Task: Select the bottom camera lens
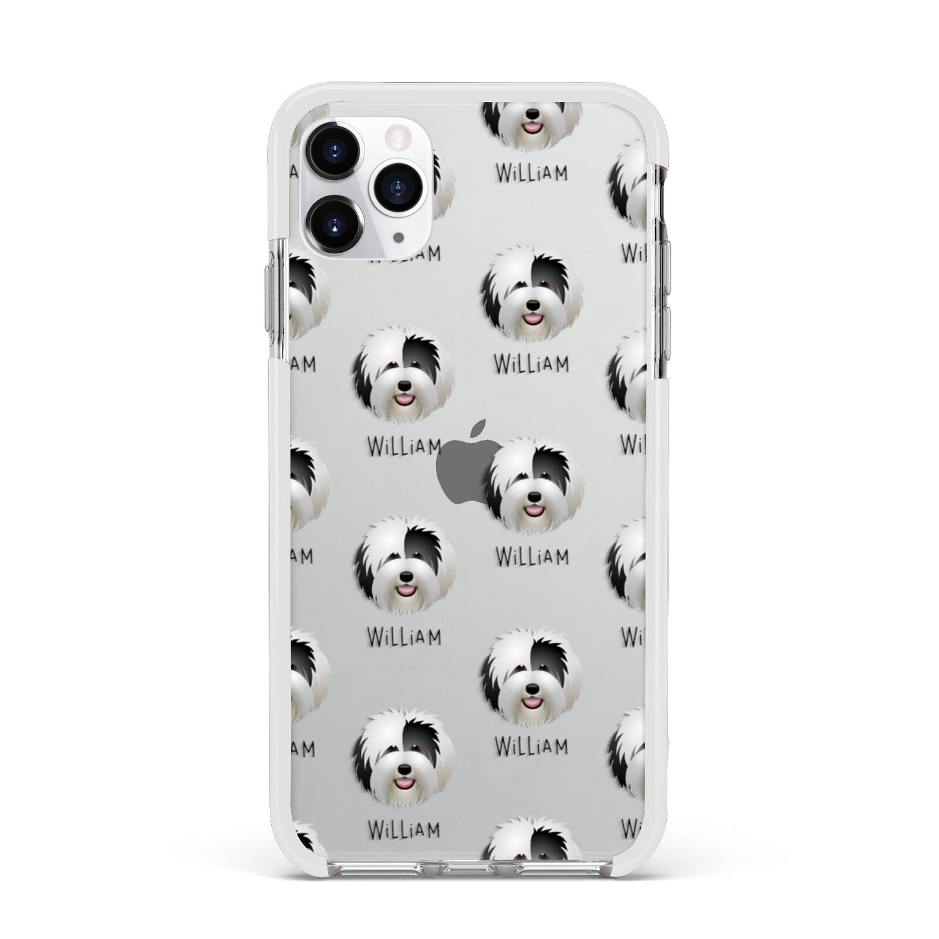click(335, 224)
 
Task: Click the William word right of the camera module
click(531, 173)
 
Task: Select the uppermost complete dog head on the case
click(531, 294)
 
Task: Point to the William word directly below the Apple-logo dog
click(532, 556)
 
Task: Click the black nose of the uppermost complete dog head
click(532, 304)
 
